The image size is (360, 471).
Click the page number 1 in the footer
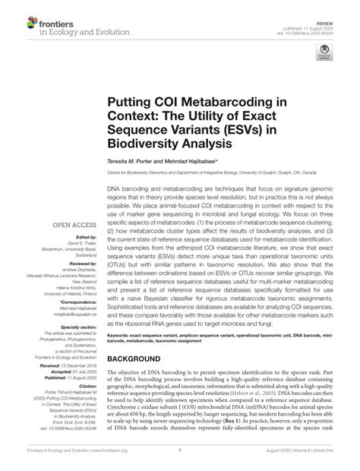(x=179, y=462)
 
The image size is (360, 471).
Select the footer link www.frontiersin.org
(x=96, y=462)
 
